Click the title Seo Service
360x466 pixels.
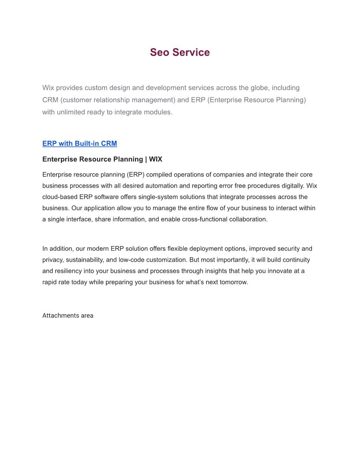click(x=180, y=53)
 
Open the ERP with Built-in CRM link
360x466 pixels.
click(x=79, y=143)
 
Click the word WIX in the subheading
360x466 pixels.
click(x=155, y=159)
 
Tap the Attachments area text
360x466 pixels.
click(x=67, y=316)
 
